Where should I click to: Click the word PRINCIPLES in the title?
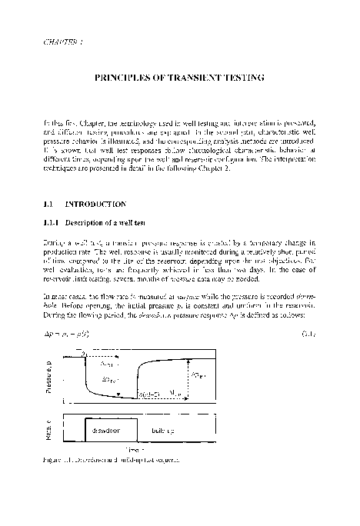click(x=123, y=78)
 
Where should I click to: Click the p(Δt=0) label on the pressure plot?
click(x=151, y=394)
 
